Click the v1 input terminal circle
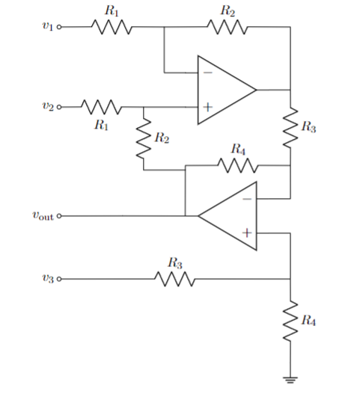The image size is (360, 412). (x=59, y=28)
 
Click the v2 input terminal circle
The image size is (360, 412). (x=59, y=106)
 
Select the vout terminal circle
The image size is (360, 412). (x=59, y=216)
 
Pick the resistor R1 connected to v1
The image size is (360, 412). (x=112, y=28)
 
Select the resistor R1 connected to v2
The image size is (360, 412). (x=100, y=106)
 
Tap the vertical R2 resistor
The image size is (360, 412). (x=144, y=139)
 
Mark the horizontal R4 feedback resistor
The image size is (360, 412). (x=238, y=165)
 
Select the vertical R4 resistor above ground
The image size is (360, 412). (x=290, y=322)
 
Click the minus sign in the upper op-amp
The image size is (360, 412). (x=207, y=73)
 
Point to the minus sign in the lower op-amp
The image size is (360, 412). (x=246, y=199)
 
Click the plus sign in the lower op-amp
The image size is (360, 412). (x=246, y=233)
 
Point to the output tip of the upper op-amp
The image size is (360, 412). (x=256, y=90)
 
